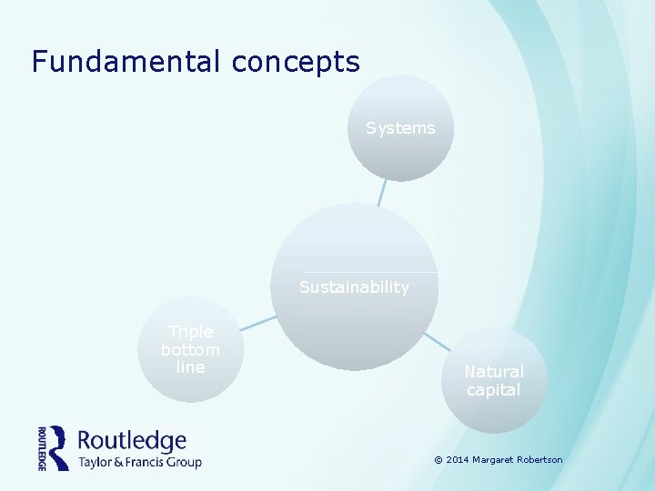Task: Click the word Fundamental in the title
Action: coord(126,62)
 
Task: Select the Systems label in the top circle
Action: coord(400,128)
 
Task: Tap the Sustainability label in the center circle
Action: coord(355,287)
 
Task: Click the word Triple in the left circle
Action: coord(191,332)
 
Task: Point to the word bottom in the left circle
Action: coord(191,349)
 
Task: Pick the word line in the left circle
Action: coord(191,366)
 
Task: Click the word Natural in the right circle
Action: coord(494,372)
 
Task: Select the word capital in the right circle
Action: coord(494,390)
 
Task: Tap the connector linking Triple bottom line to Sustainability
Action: coord(258,322)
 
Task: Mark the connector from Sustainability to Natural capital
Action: coord(436,341)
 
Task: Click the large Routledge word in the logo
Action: coord(132,442)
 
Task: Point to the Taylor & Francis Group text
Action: coord(139,462)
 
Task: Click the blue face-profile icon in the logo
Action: coord(59,447)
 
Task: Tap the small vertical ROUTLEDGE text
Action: coord(42,447)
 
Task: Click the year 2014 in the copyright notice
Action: coord(457,460)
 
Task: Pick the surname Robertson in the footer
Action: coord(541,460)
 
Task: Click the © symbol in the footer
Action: coord(438,460)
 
